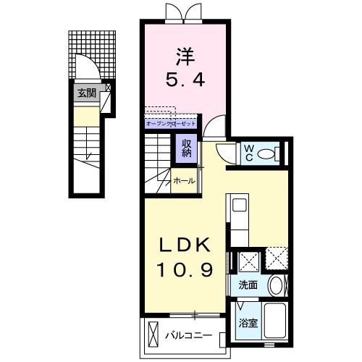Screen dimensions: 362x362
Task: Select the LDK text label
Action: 185,245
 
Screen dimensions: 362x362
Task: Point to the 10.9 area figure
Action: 185,270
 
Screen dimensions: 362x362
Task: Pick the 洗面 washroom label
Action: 248,285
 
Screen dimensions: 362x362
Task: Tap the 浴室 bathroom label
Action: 248,323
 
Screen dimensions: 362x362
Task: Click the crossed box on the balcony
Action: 153,334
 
